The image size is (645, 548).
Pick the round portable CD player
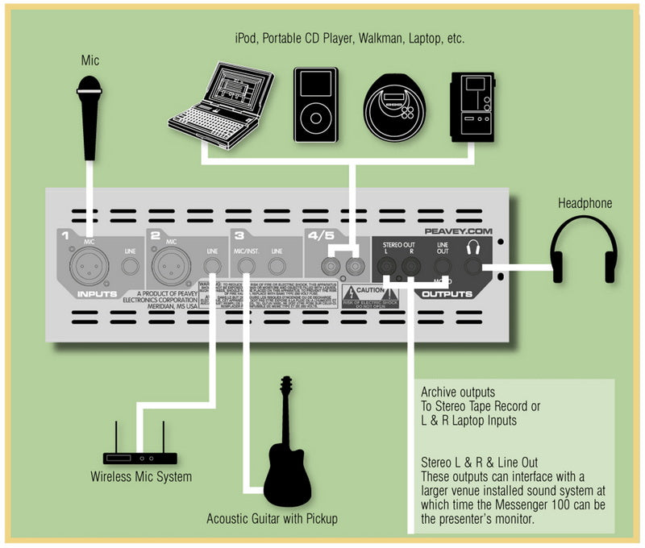(393, 105)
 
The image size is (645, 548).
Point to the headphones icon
(581, 249)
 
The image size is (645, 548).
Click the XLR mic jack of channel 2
(171, 263)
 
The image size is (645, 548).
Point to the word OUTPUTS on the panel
(447, 294)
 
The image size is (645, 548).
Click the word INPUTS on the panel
(97, 293)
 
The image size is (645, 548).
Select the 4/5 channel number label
(318, 236)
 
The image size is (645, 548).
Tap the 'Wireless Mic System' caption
(141, 477)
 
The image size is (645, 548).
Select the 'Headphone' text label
(585, 203)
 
